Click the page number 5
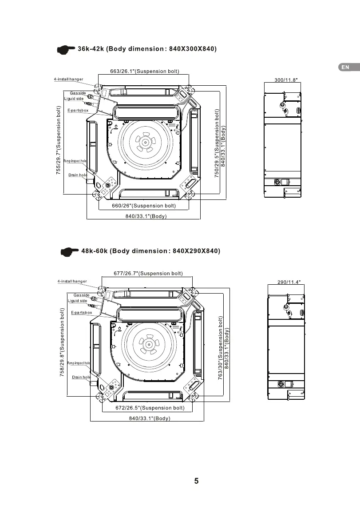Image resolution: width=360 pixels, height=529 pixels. click(197, 481)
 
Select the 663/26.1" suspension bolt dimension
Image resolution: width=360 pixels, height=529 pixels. click(145, 71)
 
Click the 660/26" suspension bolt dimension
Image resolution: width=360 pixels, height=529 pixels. click(144, 206)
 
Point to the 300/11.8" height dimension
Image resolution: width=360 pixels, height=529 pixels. click(286, 80)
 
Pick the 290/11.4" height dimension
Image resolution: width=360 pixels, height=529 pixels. click(289, 282)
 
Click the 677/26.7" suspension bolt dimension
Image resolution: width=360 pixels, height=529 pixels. click(148, 273)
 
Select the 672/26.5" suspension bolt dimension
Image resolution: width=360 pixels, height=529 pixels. click(150, 408)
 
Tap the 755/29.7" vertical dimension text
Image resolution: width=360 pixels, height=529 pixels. click(59, 140)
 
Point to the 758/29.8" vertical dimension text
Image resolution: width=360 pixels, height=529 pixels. click(62, 342)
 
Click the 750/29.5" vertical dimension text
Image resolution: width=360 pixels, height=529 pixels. click(217, 143)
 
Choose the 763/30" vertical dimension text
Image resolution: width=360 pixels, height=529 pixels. click(221, 348)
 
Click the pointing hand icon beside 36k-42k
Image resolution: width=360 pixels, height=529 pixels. click(66, 50)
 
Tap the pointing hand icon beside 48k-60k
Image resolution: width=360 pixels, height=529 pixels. click(69, 252)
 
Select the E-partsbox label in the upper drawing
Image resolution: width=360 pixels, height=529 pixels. click(78, 110)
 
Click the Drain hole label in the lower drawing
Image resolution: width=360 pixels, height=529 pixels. click(81, 377)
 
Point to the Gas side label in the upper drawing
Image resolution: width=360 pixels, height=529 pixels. click(78, 93)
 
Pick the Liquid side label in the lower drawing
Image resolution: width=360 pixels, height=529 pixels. click(78, 301)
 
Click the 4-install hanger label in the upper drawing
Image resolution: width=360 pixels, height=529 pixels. click(68, 79)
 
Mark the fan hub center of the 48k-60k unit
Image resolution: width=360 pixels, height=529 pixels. click(149, 345)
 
